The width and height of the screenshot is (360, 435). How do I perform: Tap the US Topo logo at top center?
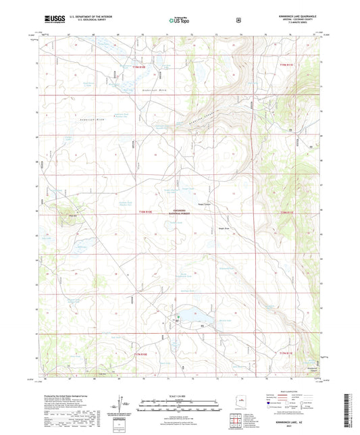click(178, 21)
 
